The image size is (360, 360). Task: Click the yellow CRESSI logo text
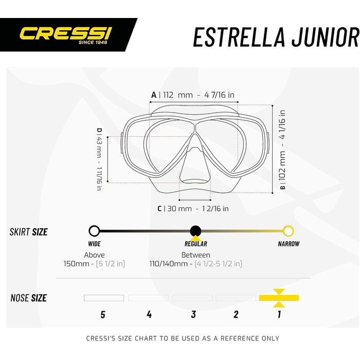click(x=66, y=33)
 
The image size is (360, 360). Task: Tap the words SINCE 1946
click(x=93, y=42)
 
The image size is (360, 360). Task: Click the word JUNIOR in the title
click(x=326, y=37)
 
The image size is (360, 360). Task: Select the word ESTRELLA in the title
click(x=239, y=37)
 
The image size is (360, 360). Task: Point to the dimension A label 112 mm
click(x=178, y=95)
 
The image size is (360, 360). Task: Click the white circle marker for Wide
click(x=94, y=231)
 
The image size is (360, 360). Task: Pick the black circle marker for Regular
click(x=195, y=231)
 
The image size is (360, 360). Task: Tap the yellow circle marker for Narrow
click(x=288, y=231)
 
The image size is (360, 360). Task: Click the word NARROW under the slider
click(x=289, y=244)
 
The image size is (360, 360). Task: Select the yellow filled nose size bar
click(x=279, y=298)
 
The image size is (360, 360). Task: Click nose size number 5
click(x=103, y=315)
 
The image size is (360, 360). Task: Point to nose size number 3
click(x=193, y=315)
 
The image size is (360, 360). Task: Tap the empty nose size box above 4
click(x=149, y=298)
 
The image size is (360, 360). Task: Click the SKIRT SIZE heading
click(x=29, y=232)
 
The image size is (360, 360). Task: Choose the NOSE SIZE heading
click(x=29, y=298)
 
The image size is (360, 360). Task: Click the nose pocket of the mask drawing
click(x=195, y=160)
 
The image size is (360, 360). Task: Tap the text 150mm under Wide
click(x=76, y=263)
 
